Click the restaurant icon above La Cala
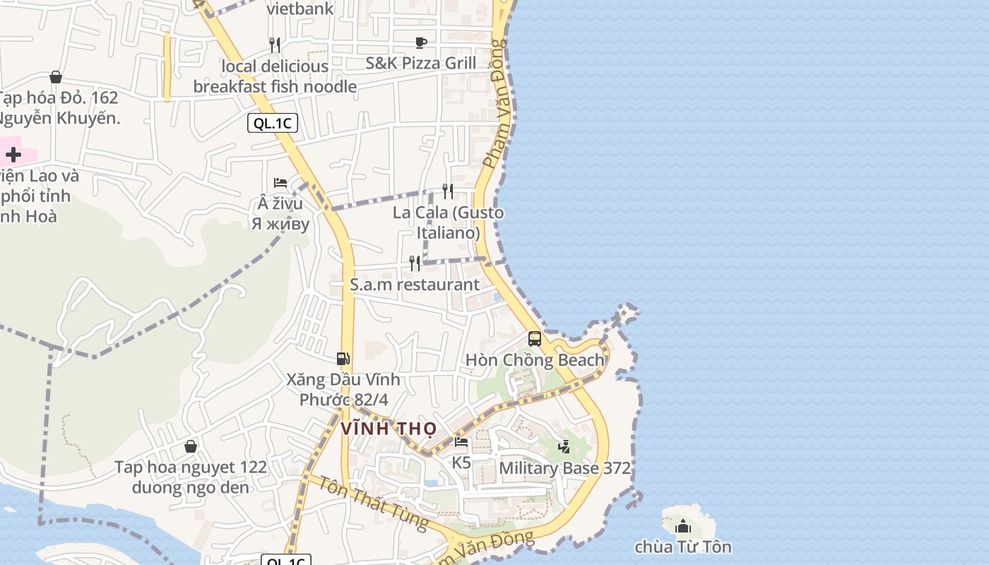click(x=448, y=191)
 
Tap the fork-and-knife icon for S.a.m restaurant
click(x=415, y=263)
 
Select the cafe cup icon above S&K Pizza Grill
click(x=421, y=42)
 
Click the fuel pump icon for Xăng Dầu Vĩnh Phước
click(x=343, y=359)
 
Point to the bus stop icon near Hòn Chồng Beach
click(x=535, y=339)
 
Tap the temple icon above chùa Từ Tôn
click(x=683, y=526)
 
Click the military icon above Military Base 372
click(x=564, y=446)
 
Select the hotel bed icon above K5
click(x=461, y=443)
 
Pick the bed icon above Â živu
click(x=280, y=183)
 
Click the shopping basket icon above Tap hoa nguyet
click(x=191, y=446)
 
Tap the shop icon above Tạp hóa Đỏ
click(x=56, y=77)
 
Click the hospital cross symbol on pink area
click(x=13, y=155)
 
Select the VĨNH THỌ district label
click(x=389, y=429)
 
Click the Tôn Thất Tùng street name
click(x=372, y=503)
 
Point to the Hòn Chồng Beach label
click(x=535, y=360)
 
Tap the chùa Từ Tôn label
click(x=682, y=547)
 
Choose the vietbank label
click(x=300, y=9)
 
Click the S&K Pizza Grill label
click(x=421, y=63)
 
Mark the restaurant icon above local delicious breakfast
click(x=275, y=45)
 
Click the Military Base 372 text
click(x=564, y=468)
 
